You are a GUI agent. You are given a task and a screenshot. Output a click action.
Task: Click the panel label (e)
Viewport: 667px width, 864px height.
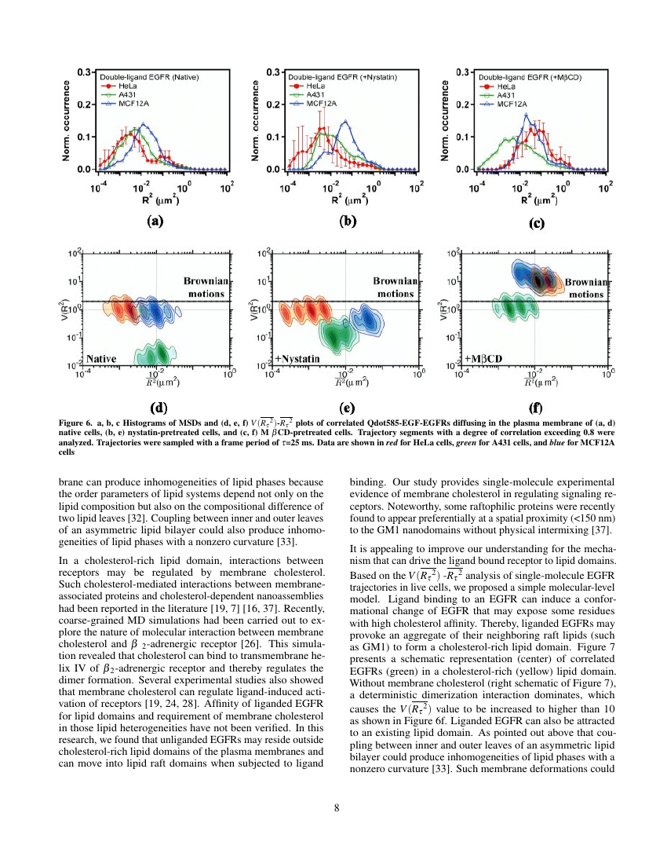[x=347, y=408]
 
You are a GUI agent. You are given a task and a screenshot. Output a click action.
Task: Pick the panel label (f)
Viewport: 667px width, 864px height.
[x=535, y=408]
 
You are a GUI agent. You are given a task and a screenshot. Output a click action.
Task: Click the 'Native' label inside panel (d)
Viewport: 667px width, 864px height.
[x=101, y=359]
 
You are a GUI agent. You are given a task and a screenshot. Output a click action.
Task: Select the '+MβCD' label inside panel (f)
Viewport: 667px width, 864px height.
[x=483, y=359]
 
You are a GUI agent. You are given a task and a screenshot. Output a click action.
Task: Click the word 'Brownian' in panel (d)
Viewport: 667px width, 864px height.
[x=206, y=280]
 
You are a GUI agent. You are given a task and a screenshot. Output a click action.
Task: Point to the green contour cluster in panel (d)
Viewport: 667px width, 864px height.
[x=154, y=353]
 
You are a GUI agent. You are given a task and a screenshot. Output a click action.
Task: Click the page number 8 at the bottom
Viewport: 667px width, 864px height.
[x=336, y=809]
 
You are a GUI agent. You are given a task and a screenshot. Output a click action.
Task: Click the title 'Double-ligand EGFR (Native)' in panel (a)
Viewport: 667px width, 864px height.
[x=149, y=78]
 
